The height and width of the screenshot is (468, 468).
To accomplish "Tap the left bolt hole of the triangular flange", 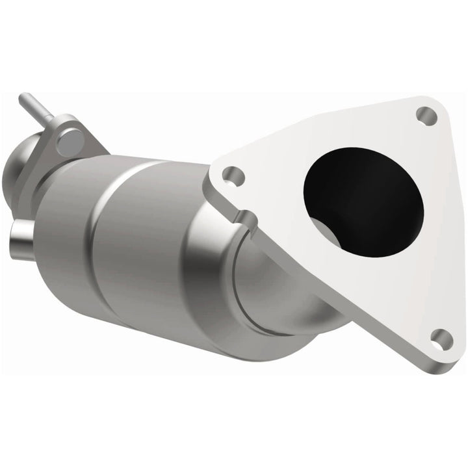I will click(x=233, y=175).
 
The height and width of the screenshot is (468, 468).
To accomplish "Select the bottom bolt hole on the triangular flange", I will click(x=441, y=338).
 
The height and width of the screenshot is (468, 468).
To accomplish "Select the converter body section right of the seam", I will click(x=162, y=247).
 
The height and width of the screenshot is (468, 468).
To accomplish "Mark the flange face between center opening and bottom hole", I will click(x=409, y=286).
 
